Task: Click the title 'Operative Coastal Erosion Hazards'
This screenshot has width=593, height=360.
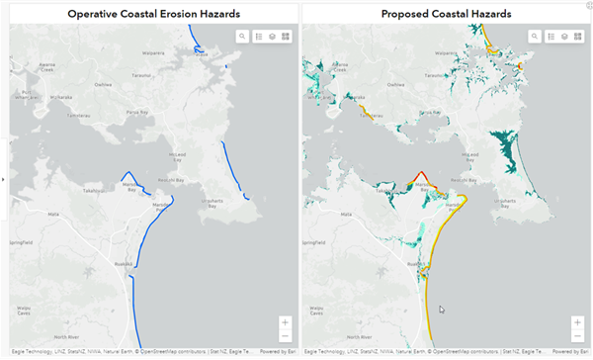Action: [153, 15]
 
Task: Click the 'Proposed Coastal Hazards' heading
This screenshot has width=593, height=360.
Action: [446, 15]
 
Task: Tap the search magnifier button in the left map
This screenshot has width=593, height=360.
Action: [242, 36]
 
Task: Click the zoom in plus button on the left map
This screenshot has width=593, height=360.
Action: [286, 321]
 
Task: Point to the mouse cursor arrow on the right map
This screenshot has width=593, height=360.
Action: [443, 311]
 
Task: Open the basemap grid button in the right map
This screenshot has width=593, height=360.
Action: [578, 36]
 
